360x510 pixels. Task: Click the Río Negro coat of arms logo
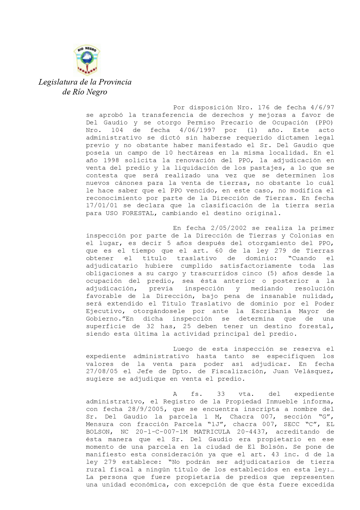pyautogui.click(x=87, y=60)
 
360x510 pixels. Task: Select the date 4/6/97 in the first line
pyautogui.click(x=322, y=108)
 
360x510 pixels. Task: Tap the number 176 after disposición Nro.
pyautogui.click(x=263, y=108)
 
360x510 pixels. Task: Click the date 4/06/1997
pyautogui.click(x=197, y=130)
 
